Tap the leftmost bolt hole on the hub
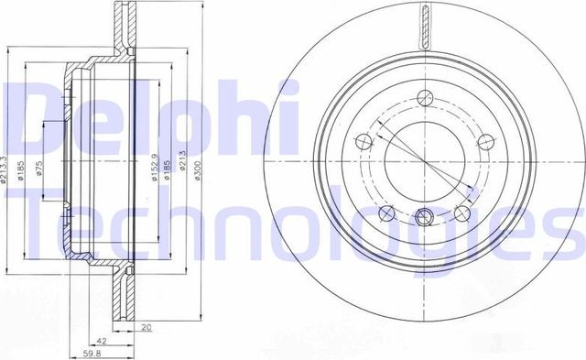(x=361, y=140)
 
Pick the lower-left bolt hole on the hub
(x=384, y=214)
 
